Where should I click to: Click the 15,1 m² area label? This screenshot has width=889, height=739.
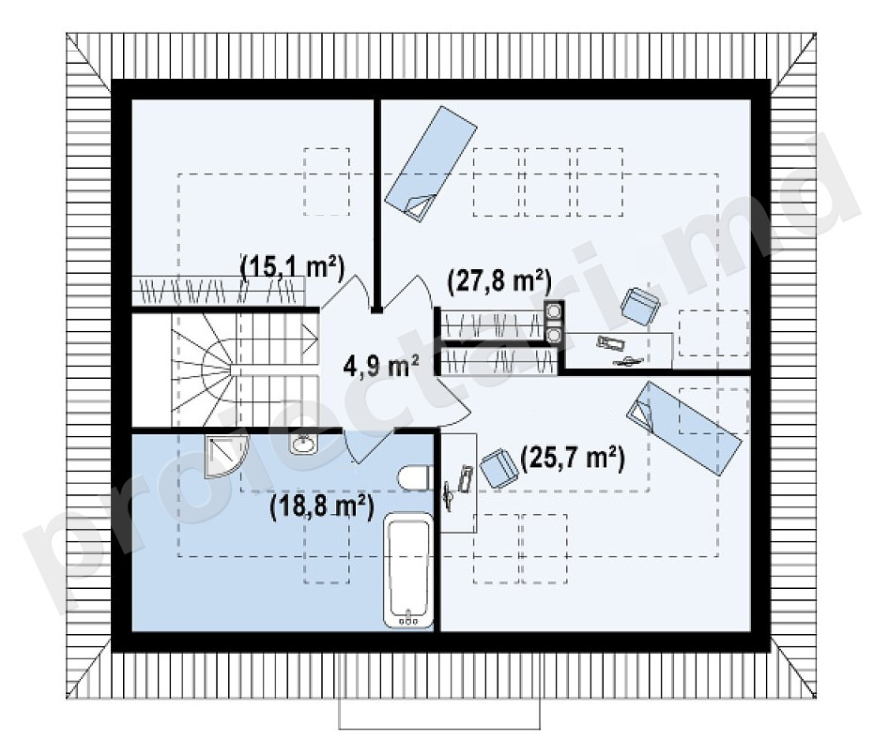coord(293,266)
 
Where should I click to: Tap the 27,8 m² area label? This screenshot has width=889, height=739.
coord(499,281)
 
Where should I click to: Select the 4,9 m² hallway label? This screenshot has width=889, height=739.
coord(381,366)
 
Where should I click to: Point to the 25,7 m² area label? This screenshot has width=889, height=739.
coord(573,458)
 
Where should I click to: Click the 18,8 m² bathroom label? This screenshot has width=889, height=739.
coord(322,505)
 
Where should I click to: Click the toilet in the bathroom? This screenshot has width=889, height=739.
coord(417,478)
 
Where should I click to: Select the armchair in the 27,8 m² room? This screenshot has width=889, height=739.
coord(641,306)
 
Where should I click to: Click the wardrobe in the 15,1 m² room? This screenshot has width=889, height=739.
coord(219,291)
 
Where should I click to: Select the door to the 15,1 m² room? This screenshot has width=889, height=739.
coord(345,292)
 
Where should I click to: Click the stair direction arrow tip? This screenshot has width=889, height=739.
coord(316,341)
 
